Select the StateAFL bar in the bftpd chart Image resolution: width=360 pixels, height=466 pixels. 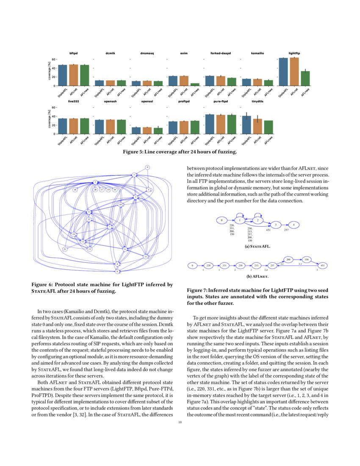click(63, 75)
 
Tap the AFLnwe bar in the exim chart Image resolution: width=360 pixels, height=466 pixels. click(195, 85)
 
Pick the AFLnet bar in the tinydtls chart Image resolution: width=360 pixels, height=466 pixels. click(257, 126)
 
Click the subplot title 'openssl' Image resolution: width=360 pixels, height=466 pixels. click(147, 102)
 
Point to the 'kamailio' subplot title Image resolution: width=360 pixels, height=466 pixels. click(258, 53)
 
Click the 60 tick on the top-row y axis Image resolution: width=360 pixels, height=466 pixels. click(54, 59)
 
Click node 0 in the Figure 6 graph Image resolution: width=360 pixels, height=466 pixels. click(147, 167)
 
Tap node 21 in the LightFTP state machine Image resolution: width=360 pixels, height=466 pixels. click(65, 249)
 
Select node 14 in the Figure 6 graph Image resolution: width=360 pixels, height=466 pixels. click(75, 190)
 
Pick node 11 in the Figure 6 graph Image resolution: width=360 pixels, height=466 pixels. click(146, 256)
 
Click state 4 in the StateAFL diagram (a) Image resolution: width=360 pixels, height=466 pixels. click(294, 224)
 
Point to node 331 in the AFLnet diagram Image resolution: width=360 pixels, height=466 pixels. click(225, 266)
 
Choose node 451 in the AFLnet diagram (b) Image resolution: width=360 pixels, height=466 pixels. click(323, 266)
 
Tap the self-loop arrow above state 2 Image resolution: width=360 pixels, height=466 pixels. click(258, 215)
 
